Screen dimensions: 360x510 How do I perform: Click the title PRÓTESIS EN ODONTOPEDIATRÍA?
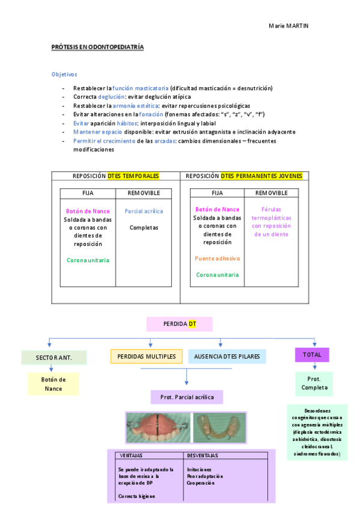click(x=97, y=46)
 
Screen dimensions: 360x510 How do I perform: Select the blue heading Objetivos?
click(x=64, y=75)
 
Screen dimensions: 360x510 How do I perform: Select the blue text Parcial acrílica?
click(x=144, y=211)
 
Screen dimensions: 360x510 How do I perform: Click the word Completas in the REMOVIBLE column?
click(x=144, y=228)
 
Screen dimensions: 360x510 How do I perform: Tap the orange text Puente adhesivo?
click(x=217, y=258)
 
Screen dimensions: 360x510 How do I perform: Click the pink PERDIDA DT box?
click(x=180, y=324)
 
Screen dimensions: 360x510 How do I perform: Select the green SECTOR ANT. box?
click(x=53, y=357)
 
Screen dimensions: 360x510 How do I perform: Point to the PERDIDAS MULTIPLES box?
click(x=146, y=357)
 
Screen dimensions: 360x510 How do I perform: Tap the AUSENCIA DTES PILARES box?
click(x=227, y=357)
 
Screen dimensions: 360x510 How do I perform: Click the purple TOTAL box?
click(x=312, y=355)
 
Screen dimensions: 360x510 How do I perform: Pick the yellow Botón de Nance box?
click(x=53, y=384)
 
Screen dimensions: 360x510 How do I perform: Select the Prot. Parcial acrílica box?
click(x=186, y=397)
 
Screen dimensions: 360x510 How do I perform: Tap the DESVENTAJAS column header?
click(x=203, y=455)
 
